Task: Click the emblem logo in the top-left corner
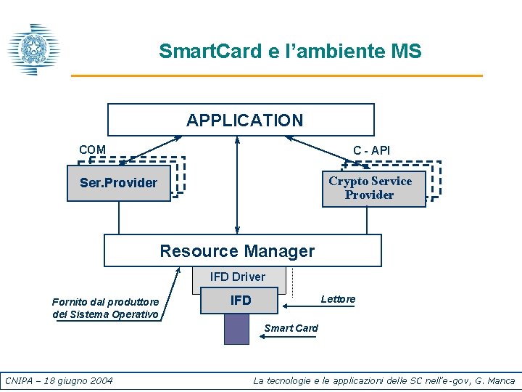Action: [32, 49]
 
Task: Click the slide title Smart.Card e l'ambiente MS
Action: [290, 52]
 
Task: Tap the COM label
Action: [92, 150]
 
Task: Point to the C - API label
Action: [371, 150]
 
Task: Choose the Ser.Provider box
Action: [119, 183]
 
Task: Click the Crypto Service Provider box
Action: [373, 188]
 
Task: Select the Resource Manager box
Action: [242, 251]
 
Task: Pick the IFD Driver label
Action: [238, 277]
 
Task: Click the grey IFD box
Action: [240, 301]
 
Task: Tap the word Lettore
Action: [338, 299]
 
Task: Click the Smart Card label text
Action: [291, 328]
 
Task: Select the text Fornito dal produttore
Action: [105, 301]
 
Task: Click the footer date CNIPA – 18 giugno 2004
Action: [59, 380]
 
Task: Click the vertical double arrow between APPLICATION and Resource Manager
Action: [237, 185]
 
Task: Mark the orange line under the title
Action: [276, 75]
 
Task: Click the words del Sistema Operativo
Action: [105, 314]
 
